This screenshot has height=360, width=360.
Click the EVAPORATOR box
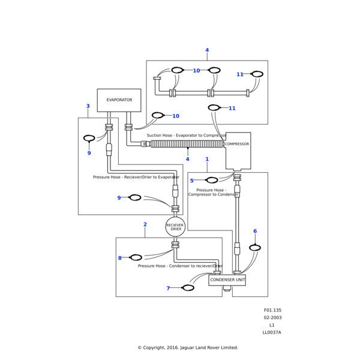coord(119,100)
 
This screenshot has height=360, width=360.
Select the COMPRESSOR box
coord(238,151)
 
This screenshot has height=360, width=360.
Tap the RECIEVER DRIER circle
coord(175,227)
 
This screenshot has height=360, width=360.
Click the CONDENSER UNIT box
coord(227,280)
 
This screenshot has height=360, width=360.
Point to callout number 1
coord(207,160)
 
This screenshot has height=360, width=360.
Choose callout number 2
coord(145,224)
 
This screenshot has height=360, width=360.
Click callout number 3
coord(88,106)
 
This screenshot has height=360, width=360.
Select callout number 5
coord(192,181)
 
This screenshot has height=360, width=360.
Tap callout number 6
coord(255,231)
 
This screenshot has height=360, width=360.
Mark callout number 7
coord(168,289)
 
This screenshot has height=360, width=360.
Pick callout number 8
coord(119,258)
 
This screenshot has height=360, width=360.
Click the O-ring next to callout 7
coord(188,288)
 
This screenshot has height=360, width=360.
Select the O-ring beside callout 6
coord(255,248)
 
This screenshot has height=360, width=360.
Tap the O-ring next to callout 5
coord(212,180)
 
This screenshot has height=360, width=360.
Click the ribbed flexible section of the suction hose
coord(186,144)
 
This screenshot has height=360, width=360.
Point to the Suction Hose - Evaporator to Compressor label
coord(186,136)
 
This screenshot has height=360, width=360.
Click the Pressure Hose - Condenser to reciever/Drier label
coord(180,266)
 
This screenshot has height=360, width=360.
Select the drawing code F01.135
coord(272,311)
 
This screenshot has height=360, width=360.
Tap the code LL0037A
coord(272,332)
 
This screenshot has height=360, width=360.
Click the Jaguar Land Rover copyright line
coord(188,347)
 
